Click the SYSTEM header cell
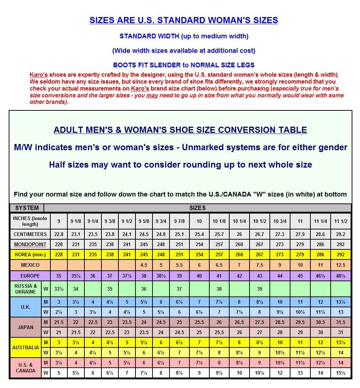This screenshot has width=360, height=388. tap(26, 208)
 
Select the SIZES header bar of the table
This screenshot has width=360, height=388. tap(197, 208)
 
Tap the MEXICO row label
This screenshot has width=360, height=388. tap(30, 265)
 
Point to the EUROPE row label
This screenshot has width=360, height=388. tap(30, 276)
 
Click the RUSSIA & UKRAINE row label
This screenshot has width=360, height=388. tap(26, 289)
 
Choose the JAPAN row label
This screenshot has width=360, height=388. tap(25, 327)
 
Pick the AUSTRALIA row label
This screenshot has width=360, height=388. tap(25, 347)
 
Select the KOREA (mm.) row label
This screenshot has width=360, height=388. tap(30, 254)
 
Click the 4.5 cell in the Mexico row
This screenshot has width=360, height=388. tap(143, 265)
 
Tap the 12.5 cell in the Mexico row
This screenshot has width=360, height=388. tap(340, 265)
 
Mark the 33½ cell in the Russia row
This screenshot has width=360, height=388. tap(59, 289)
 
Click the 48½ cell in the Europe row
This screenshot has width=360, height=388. tap(340, 276)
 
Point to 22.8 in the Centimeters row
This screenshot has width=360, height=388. tap(59, 234)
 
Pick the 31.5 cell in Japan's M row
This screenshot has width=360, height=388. tap(340, 322)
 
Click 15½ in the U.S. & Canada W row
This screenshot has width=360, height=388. tap(340, 373)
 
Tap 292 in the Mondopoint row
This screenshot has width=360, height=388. tap(340, 244)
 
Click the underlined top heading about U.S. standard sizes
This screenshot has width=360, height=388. tap(184, 20)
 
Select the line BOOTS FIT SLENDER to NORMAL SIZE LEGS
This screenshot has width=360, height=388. tap(184, 66)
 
